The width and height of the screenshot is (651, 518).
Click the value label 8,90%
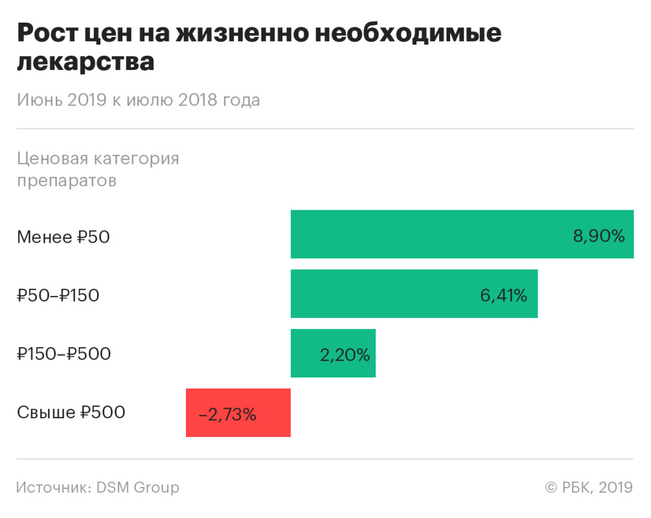[599, 236]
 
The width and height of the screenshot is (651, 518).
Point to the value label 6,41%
[503, 296]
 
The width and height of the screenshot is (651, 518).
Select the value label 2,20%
[345, 355]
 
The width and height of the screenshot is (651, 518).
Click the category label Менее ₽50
[63, 237]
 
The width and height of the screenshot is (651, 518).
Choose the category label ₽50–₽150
[58, 296]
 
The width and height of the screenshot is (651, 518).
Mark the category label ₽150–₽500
[64, 354]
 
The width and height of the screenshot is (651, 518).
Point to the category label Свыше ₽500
[71, 412]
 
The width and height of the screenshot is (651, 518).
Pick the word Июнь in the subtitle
[40, 100]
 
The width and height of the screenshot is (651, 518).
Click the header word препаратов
[67, 181]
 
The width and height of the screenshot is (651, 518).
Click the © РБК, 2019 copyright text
[588, 488]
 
